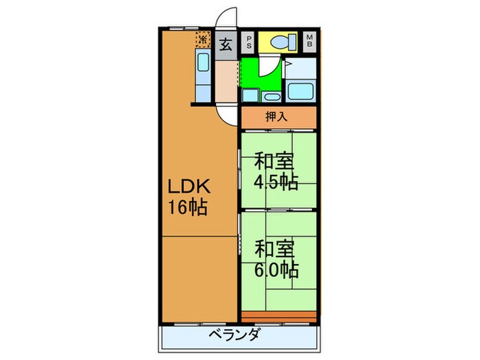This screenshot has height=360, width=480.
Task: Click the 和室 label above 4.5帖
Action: point(274,163)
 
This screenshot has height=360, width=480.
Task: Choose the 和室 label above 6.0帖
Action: point(274,248)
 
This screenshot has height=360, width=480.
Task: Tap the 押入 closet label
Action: point(278,117)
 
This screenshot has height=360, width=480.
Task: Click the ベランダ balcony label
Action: point(235,336)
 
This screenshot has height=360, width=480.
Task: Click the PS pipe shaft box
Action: point(248,41)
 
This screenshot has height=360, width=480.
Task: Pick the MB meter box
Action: point(310,41)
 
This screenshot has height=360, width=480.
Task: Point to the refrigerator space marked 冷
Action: point(203,40)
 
